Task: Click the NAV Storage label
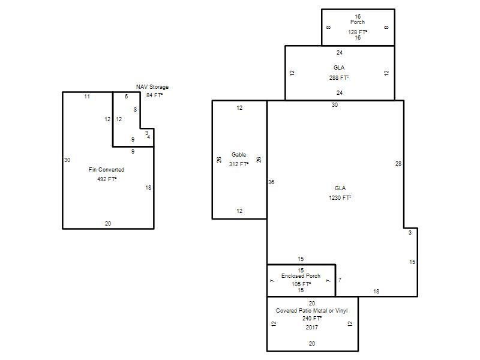[x=152, y=87]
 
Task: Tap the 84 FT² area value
[x=154, y=95]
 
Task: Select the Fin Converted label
[x=107, y=170]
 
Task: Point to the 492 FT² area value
[x=107, y=179]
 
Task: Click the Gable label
[x=239, y=155]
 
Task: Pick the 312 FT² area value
[x=239, y=164]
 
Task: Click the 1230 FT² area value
[x=340, y=198]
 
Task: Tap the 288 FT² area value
[x=339, y=78]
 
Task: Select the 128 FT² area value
[x=358, y=32]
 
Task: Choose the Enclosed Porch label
[x=301, y=276]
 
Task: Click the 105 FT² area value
[x=301, y=284]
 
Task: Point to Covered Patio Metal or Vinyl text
[x=311, y=311]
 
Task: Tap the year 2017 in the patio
[x=311, y=327]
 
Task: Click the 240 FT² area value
[x=312, y=319]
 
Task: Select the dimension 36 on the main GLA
[x=271, y=182]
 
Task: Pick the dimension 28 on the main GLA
[x=398, y=164]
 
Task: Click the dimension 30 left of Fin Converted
[x=67, y=160]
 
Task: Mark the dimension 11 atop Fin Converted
[x=87, y=97]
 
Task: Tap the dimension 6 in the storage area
[x=126, y=97]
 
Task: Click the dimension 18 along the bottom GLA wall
[x=376, y=292]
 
